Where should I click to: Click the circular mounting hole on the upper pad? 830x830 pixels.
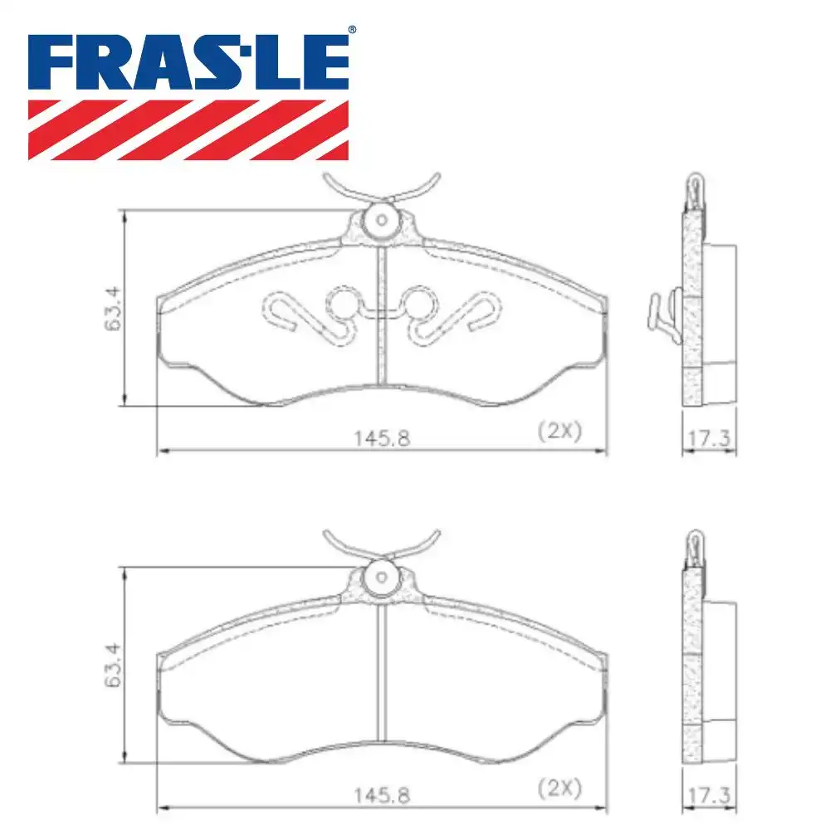[382, 220]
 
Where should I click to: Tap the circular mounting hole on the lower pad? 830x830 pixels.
[382, 575]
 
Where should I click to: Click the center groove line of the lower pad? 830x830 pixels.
[382, 672]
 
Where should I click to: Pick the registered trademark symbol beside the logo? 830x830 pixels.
[351, 30]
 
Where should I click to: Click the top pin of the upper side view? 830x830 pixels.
[692, 189]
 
